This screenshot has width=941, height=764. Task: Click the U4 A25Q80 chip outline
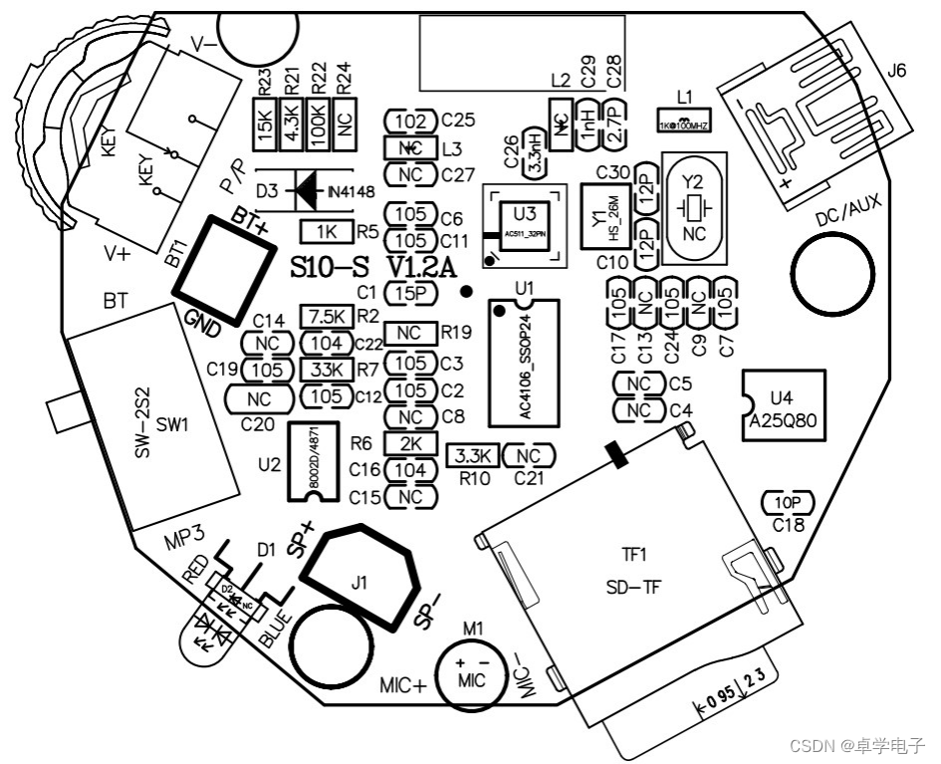click(x=784, y=405)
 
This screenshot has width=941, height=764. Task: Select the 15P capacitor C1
click(x=410, y=293)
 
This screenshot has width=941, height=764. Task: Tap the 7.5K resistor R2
click(x=328, y=317)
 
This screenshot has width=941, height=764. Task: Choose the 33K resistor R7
click(x=328, y=370)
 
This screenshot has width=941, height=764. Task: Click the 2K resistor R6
click(x=410, y=443)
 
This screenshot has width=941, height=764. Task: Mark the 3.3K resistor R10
click(x=471, y=456)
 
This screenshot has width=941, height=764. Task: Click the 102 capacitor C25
click(x=410, y=122)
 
